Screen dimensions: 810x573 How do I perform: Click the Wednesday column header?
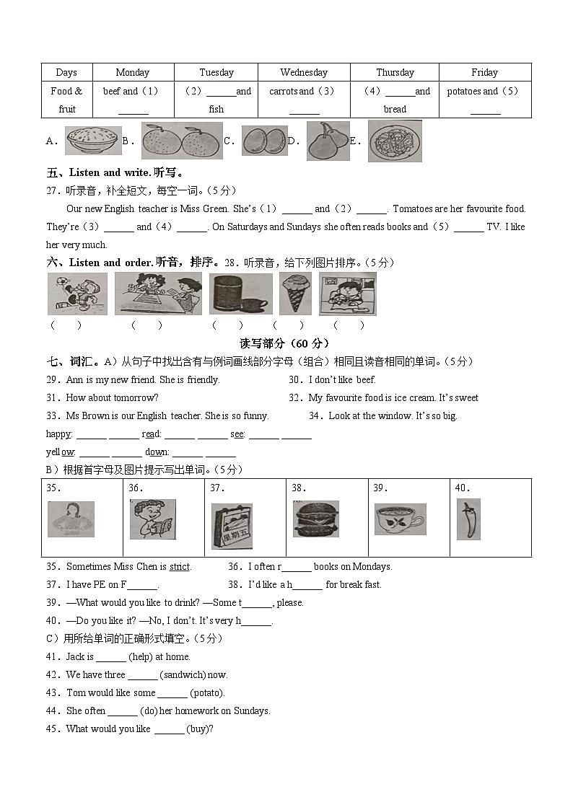[x=304, y=72]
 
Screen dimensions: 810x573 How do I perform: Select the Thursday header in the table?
[x=395, y=72]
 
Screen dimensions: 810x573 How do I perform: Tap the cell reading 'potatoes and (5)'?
[x=484, y=92]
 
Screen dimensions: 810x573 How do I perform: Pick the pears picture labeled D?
[x=328, y=141]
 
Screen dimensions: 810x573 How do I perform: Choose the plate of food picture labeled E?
[x=394, y=141]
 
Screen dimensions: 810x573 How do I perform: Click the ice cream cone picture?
[x=294, y=294]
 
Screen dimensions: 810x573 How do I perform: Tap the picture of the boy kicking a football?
[x=77, y=294]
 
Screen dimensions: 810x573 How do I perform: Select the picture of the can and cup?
[x=240, y=294]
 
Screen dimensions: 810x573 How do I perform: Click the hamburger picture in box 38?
[x=315, y=519]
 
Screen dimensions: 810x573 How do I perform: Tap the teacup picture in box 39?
[x=400, y=519]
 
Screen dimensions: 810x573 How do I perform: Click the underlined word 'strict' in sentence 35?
[x=180, y=567]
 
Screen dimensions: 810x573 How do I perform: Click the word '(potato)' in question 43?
[x=207, y=693]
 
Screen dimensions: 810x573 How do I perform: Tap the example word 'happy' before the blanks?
[x=58, y=434]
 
